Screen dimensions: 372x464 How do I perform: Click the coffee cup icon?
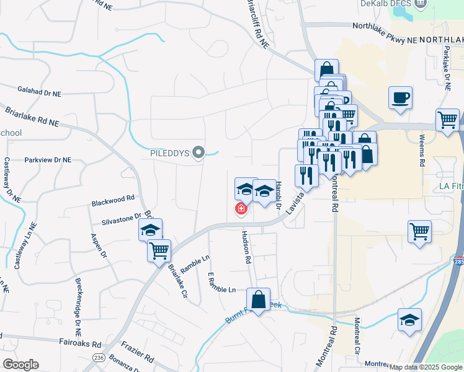(400, 97)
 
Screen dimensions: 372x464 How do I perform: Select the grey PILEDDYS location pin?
(198, 152)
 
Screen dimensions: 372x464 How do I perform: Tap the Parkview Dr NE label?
(48, 160)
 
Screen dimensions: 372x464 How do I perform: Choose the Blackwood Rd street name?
(113, 200)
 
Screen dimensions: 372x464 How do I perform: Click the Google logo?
(20, 365)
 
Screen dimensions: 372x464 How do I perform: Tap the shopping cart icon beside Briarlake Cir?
(159, 250)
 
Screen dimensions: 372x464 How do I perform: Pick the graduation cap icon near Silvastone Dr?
(150, 229)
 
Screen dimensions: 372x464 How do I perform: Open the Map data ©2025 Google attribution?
(425, 367)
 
